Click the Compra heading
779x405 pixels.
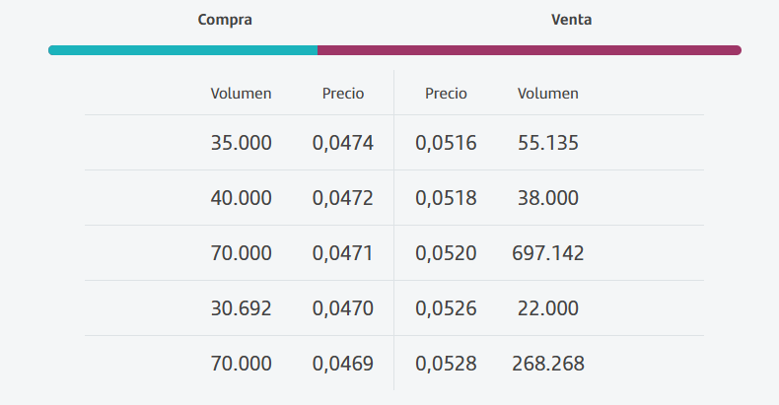tap(225, 20)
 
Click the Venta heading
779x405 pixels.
tap(571, 20)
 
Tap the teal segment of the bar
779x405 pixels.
tap(182, 50)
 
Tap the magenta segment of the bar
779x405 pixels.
tap(530, 50)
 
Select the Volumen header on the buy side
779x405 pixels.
tap(241, 94)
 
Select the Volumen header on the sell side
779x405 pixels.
tap(548, 94)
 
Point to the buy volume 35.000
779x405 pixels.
tap(241, 143)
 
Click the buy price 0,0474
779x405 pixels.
tap(343, 143)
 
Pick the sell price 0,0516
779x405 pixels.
tap(446, 143)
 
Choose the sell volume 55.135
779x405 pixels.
tap(548, 143)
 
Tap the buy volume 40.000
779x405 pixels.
tap(241, 198)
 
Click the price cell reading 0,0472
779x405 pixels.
tap(343, 198)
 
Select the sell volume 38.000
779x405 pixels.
tap(548, 198)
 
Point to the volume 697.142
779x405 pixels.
tap(548, 253)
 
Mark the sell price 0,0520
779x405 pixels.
tap(446, 253)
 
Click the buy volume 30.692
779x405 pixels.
tap(241, 308)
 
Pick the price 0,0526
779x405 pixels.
tap(446, 308)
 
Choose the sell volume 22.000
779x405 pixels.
tap(548, 308)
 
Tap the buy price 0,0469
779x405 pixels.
tap(343, 364)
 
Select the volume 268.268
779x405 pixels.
tap(548, 364)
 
